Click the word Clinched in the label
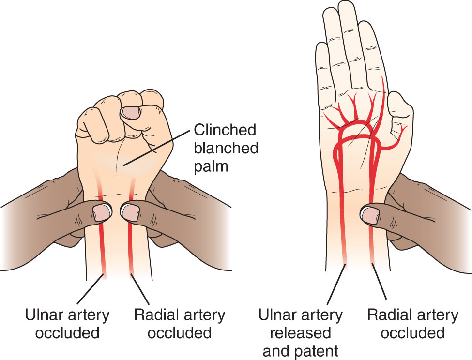[225, 130]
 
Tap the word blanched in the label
[226, 148]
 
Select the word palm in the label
[211, 166]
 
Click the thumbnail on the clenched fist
[131, 113]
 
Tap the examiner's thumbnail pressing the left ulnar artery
[102, 212]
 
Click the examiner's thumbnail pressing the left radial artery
[130, 212]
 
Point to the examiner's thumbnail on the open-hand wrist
[370, 215]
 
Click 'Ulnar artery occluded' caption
[67, 324]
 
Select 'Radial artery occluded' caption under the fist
[180, 324]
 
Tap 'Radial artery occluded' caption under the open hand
[413, 324]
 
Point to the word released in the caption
[301, 333]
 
